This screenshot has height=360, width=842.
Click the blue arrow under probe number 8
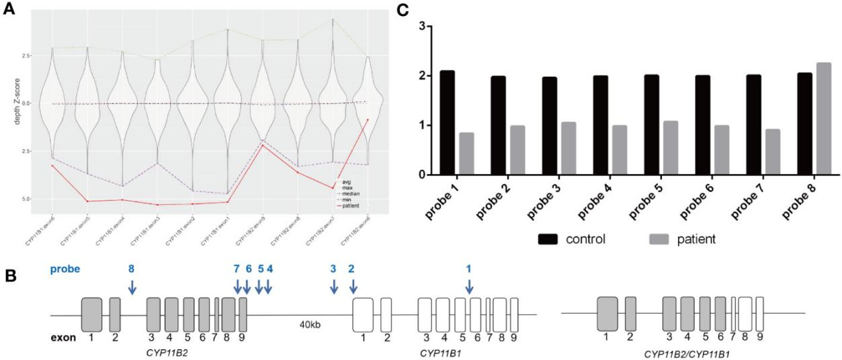coord(132,286)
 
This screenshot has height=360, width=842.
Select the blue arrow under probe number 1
coord(469,286)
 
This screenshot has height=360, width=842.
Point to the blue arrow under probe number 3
coord(334,286)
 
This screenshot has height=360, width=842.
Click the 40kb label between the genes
coord(310,324)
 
